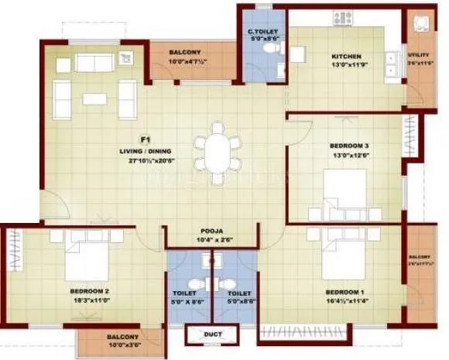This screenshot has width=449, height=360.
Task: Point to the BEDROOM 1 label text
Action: coord(345,293)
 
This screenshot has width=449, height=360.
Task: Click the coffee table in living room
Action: coord(95,98)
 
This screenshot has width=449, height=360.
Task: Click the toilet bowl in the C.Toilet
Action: coord(269,48)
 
